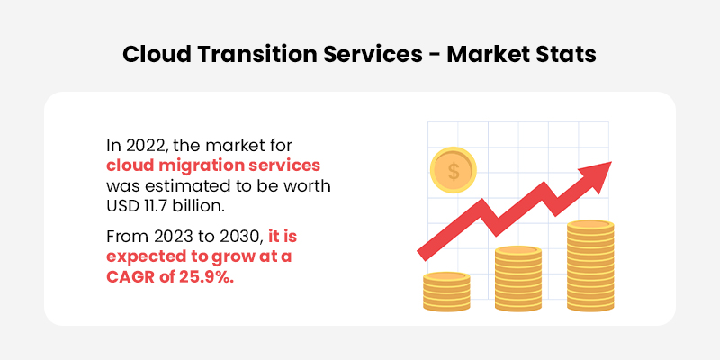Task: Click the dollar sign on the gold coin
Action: point(454,171)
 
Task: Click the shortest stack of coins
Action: point(446,292)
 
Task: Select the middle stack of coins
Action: point(518,279)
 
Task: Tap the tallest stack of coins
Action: point(590,265)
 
